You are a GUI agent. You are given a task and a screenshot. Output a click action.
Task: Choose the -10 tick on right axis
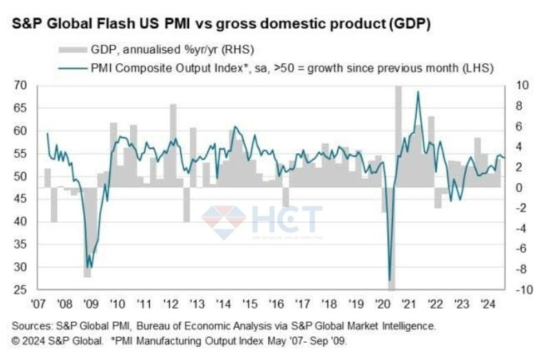(x=522, y=291)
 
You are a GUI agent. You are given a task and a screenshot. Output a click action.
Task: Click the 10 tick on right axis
(x=520, y=85)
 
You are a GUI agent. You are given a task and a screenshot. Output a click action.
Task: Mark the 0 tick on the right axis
(x=518, y=188)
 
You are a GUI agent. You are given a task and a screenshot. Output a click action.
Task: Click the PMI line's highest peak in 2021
(x=418, y=92)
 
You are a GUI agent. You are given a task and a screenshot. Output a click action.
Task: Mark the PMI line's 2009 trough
(x=88, y=267)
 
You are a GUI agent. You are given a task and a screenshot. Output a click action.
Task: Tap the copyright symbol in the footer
(x=14, y=339)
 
